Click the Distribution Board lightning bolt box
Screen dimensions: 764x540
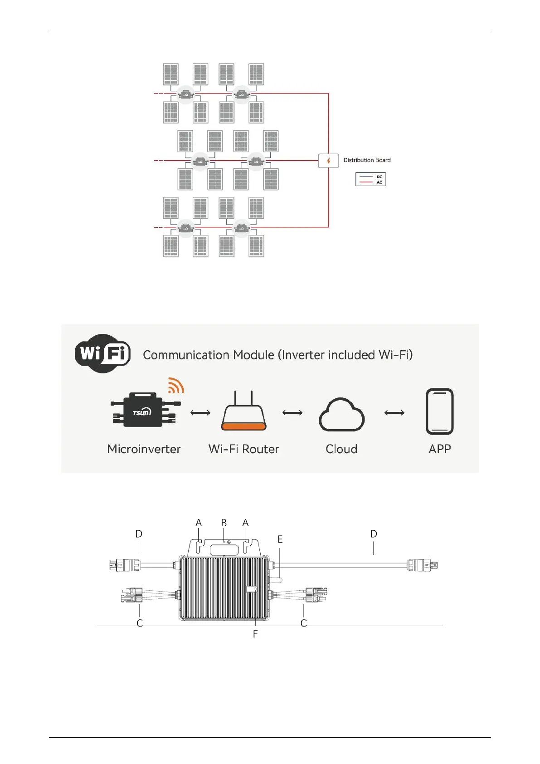coord(328,161)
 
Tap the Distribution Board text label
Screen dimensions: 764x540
coord(367,160)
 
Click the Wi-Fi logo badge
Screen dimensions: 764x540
coord(103,353)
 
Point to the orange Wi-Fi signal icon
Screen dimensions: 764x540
coord(176,385)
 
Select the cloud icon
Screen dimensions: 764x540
coord(341,415)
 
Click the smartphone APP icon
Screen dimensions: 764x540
coord(439,411)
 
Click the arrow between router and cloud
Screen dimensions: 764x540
coord(292,413)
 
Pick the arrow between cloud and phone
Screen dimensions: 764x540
coord(394,413)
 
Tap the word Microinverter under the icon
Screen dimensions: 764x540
coord(144,449)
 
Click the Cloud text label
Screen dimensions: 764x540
coord(341,449)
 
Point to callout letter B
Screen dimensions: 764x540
coord(224,523)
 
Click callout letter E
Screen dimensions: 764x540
coord(280,539)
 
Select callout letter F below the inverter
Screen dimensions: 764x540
coord(255,634)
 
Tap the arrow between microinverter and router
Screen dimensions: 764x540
coord(200,413)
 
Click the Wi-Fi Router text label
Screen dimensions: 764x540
coord(243,449)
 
